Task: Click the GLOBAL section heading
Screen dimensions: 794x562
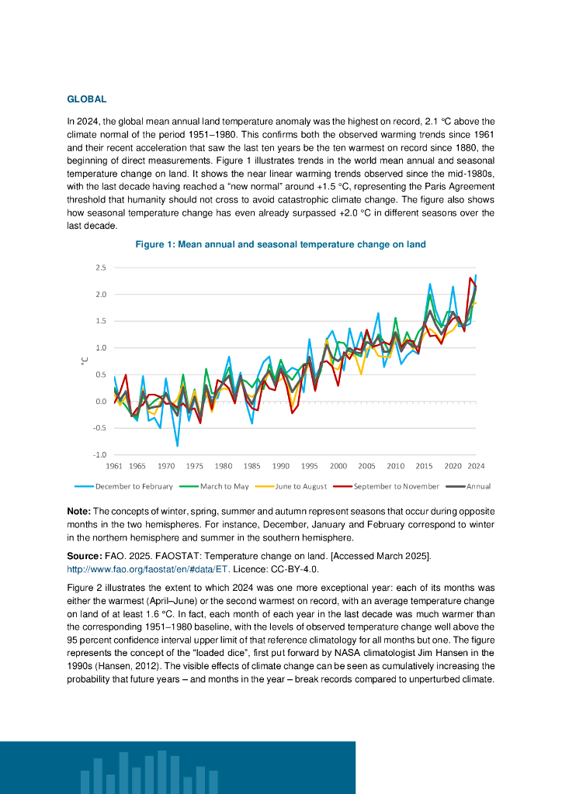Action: pos(86,99)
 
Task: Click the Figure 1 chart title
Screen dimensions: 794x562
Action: pos(280,244)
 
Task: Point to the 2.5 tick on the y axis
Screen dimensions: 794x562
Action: pos(100,268)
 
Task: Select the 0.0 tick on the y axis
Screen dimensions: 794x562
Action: pos(100,401)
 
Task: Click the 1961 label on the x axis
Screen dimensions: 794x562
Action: pos(114,466)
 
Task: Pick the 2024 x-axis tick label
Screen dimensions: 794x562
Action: pos(476,466)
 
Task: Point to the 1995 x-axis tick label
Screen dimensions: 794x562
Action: pos(309,466)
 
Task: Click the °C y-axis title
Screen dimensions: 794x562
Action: pos(85,361)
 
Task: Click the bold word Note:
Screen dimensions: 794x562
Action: pos(79,511)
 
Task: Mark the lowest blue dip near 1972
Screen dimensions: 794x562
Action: pos(177,446)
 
